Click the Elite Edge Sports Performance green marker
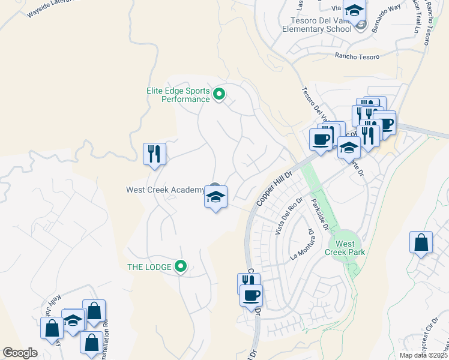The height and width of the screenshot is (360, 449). pos(219,94)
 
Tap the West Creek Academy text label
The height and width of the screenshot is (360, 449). pos(165,190)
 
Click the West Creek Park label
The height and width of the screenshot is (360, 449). pos(345,248)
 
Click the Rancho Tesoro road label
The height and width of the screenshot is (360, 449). pos(357,56)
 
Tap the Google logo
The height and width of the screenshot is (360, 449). pos(20,352)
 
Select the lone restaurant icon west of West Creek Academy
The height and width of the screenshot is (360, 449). pos(154,154)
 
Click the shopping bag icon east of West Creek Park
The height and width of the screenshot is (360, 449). pos(421,243)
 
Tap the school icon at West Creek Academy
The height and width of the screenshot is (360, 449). pos(215,197)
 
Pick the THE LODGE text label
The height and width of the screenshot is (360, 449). pos(149,266)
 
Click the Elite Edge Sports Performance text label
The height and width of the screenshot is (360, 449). pos(178,95)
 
